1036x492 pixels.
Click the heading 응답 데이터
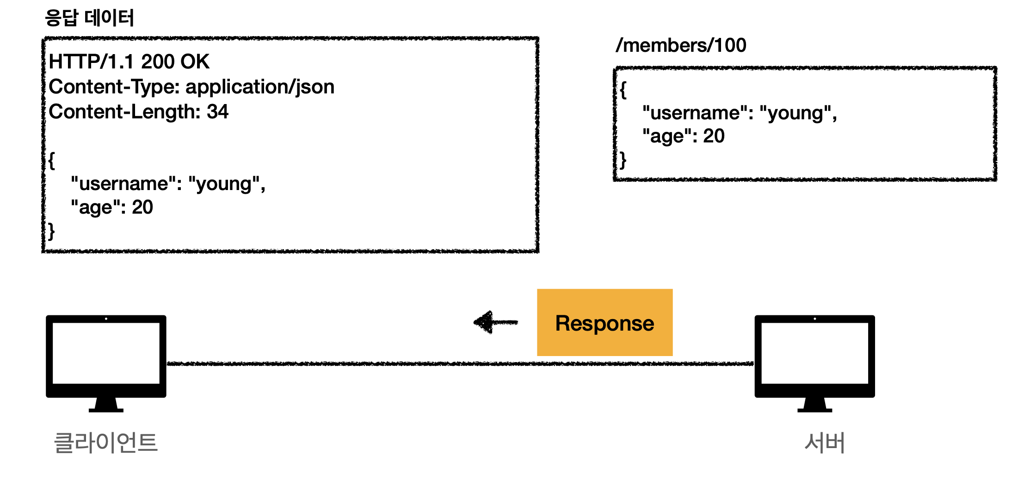pyautogui.click(x=89, y=18)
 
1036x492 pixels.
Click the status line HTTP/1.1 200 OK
pyautogui.click(x=129, y=61)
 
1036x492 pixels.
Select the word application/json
pyautogui.click(x=260, y=87)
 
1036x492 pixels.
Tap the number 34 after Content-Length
pyautogui.click(x=217, y=111)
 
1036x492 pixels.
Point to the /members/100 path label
pyautogui.click(x=681, y=45)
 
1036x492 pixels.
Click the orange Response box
pyautogui.click(x=605, y=322)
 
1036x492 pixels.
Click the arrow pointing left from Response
pyautogui.click(x=496, y=322)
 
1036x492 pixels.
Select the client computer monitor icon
pyautogui.click(x=106, y=363)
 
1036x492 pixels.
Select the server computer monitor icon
pyautogui.click(x=815, y=363)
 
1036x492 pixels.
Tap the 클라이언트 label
pyautogui.click(x=106, y=443)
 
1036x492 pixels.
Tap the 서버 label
pyautogui.click(x=825, y=443)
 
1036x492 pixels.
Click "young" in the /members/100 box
pyautogui.click(x=795, y=113)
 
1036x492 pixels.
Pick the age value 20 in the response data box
pyautogui.click(x=142, y=207)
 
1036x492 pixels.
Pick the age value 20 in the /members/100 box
pyautogui.click(x=714, y=136)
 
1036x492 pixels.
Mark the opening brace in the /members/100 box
pyautogui.click(x=623, y=90)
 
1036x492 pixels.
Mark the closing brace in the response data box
pyautogui.click(x=52, y=231)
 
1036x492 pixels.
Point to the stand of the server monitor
pyautogui.click(x=815, y=405)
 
